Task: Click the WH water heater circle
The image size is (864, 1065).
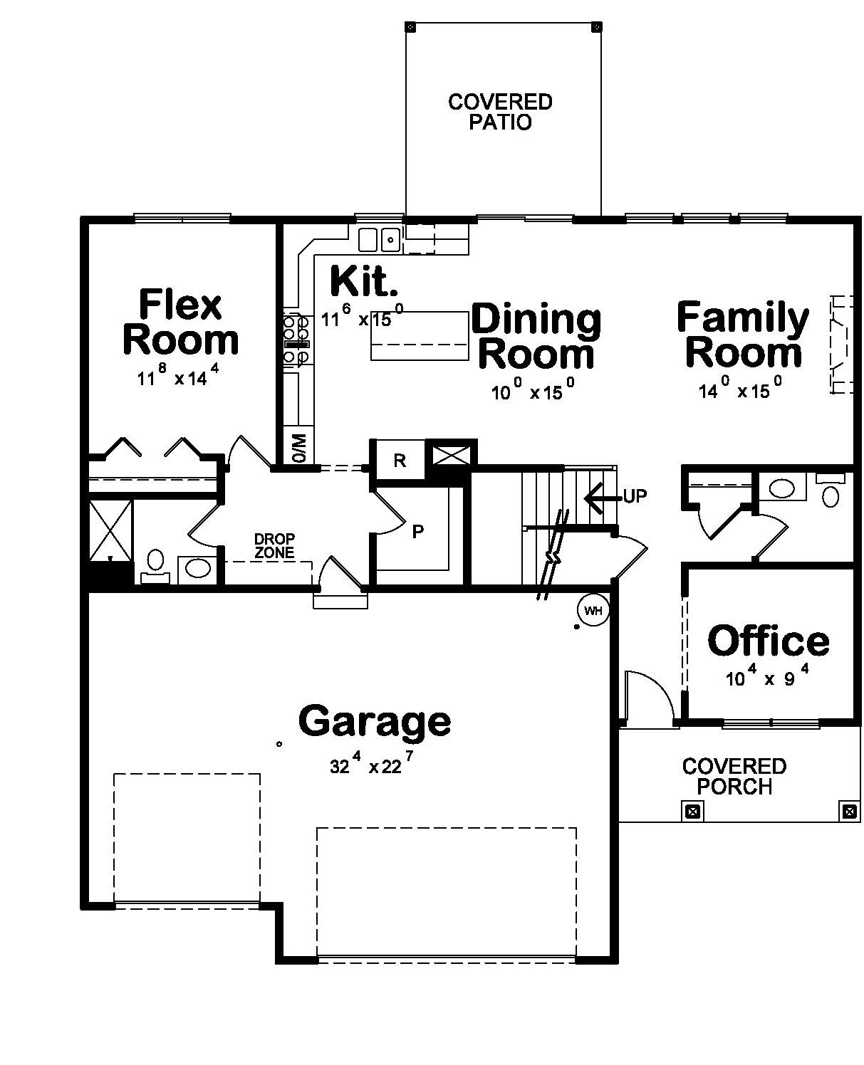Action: (x=593, y=610)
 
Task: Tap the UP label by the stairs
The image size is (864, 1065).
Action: (x=635, y=496)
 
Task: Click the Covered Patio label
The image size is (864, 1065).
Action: (x=500, y=112)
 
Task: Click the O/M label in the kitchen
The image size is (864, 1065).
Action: (x=298, y=447)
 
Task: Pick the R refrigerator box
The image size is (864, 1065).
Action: (x=400, y=460)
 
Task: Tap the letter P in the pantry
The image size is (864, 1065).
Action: (x=418, y=531)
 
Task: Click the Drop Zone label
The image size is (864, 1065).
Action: (x=274, y=545)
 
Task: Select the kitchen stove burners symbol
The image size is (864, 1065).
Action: (x=296, y=340)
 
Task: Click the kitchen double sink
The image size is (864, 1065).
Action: (x=378, y=239)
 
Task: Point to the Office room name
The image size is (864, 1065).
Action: (x=769, y=641)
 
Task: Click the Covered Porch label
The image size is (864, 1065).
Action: (x=734, y=776)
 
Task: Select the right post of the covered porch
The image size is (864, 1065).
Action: (x=848, y=811)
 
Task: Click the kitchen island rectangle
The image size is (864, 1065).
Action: (x=420, y=336)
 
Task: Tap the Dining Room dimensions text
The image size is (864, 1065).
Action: (x=533, y=391)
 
